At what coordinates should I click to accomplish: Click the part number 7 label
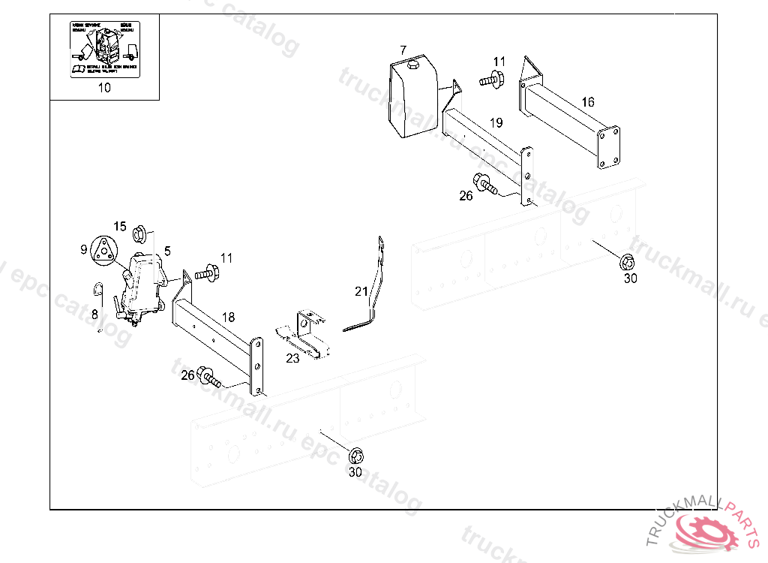403,50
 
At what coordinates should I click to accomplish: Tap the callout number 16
587,102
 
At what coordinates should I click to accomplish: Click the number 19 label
496,122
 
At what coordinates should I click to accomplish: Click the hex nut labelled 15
139,235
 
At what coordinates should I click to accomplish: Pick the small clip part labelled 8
97,289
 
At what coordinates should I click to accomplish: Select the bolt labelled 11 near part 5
206,274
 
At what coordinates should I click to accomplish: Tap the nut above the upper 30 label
628,262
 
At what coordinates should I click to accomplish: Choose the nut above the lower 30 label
356,455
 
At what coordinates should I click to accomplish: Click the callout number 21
361,291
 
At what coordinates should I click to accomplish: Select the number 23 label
292,359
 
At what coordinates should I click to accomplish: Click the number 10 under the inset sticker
104,87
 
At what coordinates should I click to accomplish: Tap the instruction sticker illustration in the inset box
104,49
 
